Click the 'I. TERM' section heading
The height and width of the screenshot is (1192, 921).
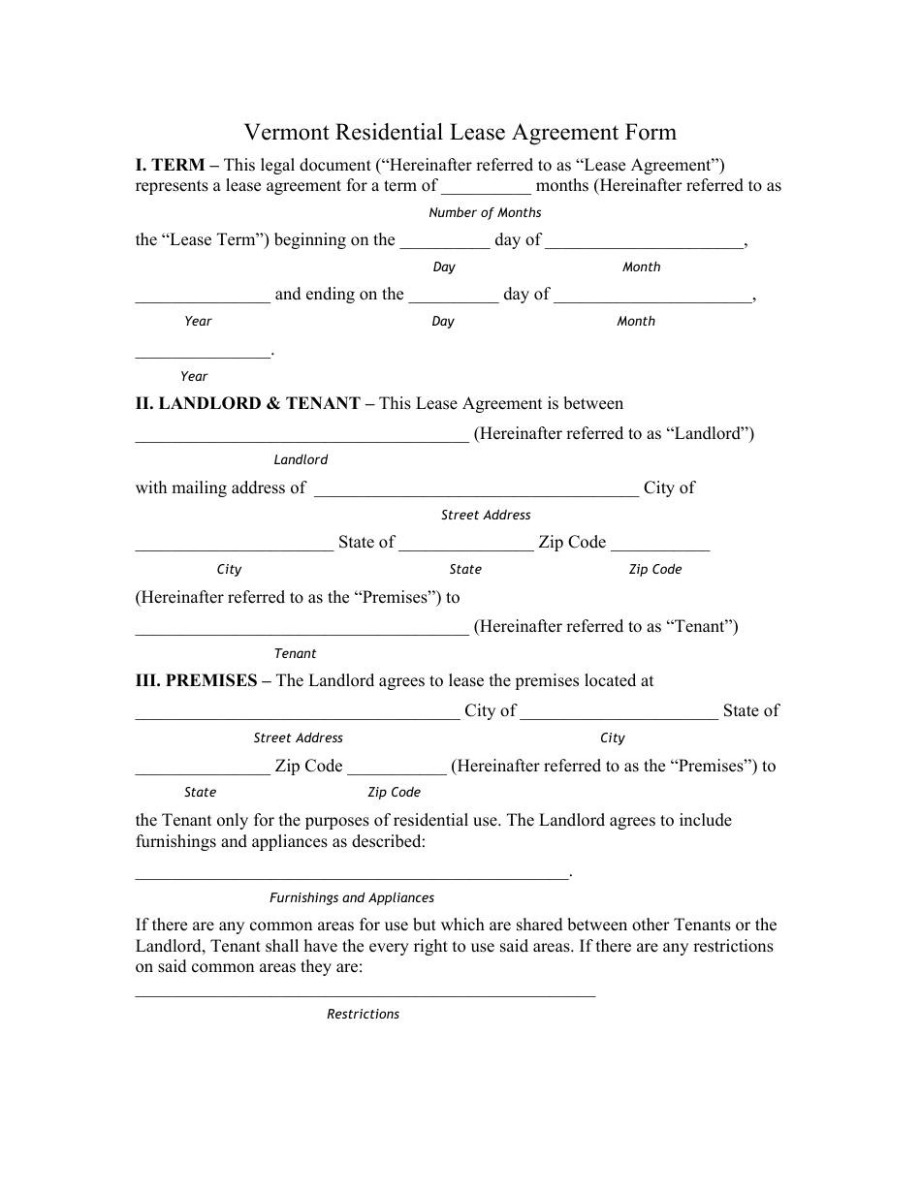click(x=170, y=165)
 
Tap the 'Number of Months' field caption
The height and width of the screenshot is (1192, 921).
click(x=485, y=212)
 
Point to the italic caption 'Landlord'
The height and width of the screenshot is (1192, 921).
click(x=301, y=459)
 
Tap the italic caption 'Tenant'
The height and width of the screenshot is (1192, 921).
click(x=295, y=653)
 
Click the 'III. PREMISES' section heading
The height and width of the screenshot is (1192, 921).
click(x=197, y=680)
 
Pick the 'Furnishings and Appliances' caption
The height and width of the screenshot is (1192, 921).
click(x=352, y=897)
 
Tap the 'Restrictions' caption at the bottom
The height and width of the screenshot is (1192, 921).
click(x=363, y=1014)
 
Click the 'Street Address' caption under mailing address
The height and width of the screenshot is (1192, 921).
click(x=486, y=515)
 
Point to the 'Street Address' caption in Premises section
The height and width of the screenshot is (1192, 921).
click(x=298, y=737)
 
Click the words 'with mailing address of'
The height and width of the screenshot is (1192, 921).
click(x=221, y=487)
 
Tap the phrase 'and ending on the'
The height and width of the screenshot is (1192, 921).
click(x=339, y=294)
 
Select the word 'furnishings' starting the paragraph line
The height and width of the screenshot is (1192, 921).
click(x=176, y=841)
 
